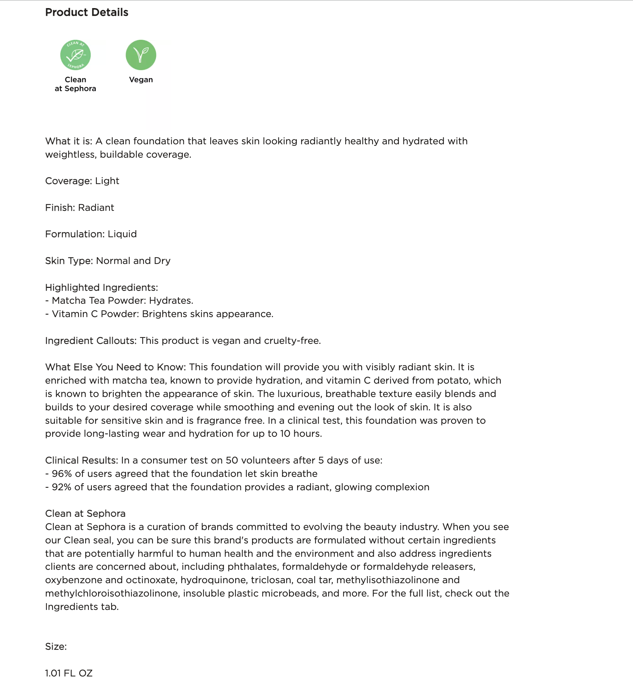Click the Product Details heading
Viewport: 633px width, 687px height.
(x=87, y=12)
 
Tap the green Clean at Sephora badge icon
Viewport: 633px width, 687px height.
(x=75, y=55)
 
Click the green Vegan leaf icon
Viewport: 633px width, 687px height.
(x=141, y=55)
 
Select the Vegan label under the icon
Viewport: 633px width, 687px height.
(x=141, y=80)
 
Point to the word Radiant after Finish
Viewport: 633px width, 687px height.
(x=96, y=208)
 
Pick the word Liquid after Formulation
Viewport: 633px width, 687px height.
(x=122, y=234)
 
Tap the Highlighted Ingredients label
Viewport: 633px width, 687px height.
(x=101, y=288)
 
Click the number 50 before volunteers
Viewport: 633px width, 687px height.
(x=232, y=460)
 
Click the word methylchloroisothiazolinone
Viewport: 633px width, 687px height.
(x=112, y=593)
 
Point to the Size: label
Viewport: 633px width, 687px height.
(x=56, y=647)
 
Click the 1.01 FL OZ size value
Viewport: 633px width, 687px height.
(x=69, y=673)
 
